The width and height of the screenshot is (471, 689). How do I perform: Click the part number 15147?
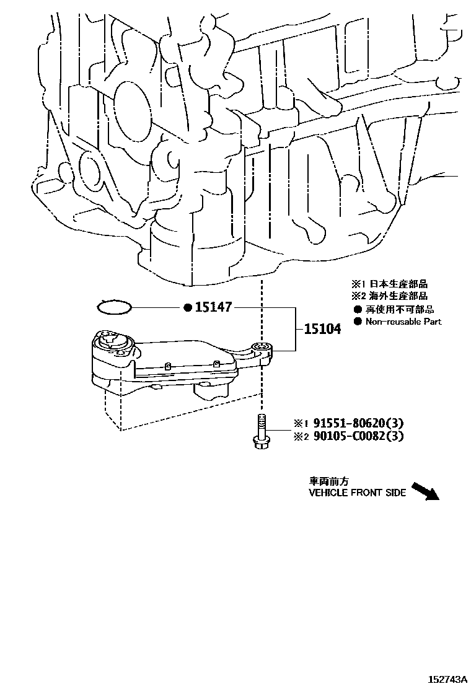[x=214, y=307]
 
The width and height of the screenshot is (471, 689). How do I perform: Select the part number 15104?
[x=322, y=328]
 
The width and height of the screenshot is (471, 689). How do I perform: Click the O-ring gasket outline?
[x=115, y=307]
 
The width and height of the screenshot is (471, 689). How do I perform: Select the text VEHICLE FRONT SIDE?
[x=358, y=493]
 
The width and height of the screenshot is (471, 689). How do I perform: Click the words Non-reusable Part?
[x=403, y=321]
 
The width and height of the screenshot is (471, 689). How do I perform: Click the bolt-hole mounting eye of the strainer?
[x=261, y=348]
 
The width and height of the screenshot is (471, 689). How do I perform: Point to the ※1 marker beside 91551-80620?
[x=301, y=424]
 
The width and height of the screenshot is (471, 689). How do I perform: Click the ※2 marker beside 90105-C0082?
[x=301, y=437]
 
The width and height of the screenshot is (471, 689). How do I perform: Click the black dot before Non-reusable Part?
[x=357, y=321]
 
